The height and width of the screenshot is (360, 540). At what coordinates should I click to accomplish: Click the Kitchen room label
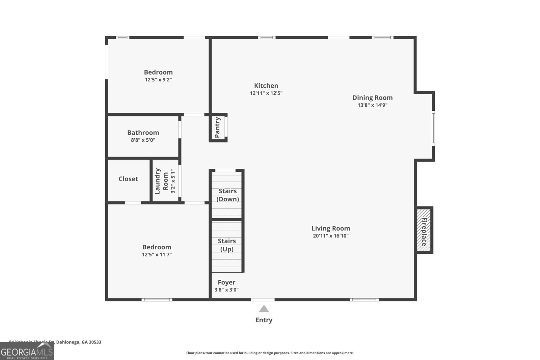(266, 86)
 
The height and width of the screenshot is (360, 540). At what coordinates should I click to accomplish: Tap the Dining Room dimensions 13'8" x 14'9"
(372, 105)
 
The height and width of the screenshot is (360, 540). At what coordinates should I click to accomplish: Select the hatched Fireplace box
(424, 230)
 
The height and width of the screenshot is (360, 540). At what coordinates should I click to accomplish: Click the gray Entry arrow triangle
(264, 309)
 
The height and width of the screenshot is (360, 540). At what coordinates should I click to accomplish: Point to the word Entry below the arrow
(264, 320)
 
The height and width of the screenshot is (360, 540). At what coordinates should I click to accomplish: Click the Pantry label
(218, 128)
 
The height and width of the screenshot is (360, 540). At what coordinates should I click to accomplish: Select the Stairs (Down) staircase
(227, 195)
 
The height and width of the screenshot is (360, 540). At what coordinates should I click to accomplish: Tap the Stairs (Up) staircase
(227, 246)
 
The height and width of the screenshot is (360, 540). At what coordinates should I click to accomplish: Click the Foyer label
(226, 282)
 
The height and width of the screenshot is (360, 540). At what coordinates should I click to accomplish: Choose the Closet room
(128, 179)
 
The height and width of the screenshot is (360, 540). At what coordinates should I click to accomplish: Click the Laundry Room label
(162, 181)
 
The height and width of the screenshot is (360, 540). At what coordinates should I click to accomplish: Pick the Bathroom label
(143, 133)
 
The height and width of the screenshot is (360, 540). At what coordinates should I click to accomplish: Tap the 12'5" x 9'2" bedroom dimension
(158, 80)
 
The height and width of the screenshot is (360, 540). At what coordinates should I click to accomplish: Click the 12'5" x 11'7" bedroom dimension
(157, 255)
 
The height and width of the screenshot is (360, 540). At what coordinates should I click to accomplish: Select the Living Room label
(330, 228)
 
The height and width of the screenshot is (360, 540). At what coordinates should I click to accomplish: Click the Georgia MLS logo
(27, 352)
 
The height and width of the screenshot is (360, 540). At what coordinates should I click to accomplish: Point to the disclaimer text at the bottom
(270, 353)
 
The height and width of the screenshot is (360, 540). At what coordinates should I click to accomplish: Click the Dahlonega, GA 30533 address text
(79, 342)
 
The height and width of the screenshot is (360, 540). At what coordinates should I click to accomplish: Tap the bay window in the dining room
(433, 128)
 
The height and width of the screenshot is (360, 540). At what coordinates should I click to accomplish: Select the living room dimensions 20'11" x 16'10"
(330, 236)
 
